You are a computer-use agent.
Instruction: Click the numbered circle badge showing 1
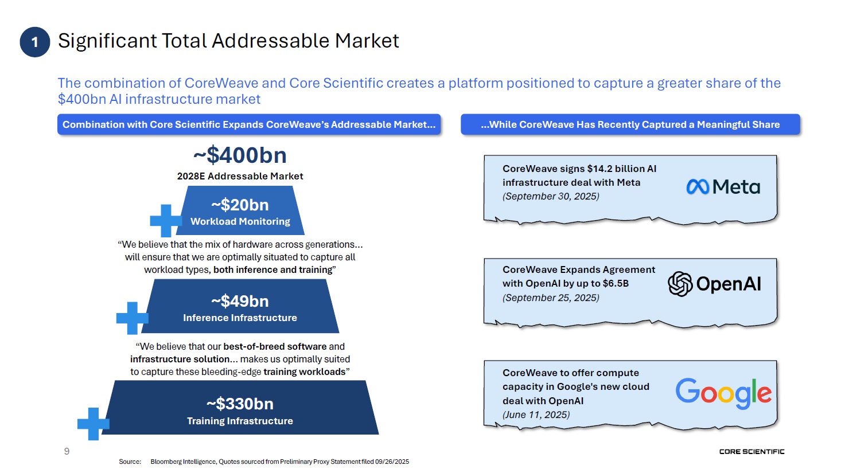[x=35, y=42]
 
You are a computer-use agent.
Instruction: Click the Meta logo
[x=723, y=187]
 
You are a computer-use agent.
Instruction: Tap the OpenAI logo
[x=714, y=284]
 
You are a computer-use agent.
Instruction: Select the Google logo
[x=723, y=393]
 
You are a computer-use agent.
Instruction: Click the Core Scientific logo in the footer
[x=752, y=452]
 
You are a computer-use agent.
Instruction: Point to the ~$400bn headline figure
[x=240, y=155]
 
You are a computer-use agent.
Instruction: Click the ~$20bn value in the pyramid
[x=240, y=205]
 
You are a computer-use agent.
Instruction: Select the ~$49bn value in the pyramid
[x=240, y=301]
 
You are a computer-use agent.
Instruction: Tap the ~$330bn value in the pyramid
[x=240, y=404]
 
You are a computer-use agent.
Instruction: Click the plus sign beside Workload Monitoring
[x=166, y=221]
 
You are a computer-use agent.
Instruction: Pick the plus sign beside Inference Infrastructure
[x=132, y=318]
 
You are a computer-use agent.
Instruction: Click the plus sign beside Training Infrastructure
[x=93, y=424]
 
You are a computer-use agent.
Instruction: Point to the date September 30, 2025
[x=551, y=196]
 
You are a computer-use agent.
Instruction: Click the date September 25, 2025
[x=551, y=298]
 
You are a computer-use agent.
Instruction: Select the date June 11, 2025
[x=536, y=415]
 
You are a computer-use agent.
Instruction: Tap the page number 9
[x=67, y=451]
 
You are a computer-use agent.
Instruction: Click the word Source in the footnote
[x=130, y=462]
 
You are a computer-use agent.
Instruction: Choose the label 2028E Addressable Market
[x=240, y=176]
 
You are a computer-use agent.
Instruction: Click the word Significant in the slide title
[x=107, y=41]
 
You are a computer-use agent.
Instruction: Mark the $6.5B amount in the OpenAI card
[x=616, y=284]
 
